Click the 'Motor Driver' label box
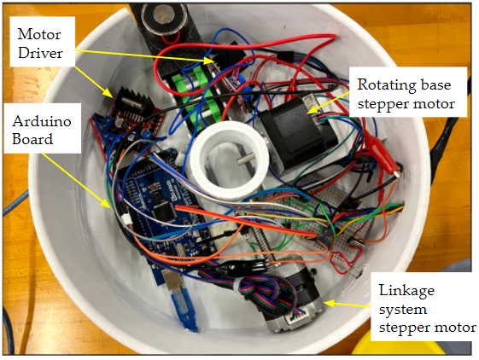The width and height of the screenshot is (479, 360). tap(43, 42)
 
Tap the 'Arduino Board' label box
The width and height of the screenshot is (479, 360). tap(42, 128)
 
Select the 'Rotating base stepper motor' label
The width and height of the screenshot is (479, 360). tap(408, 92)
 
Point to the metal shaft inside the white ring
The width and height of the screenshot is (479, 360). tap(243, 160)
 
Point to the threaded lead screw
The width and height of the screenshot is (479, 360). tap(262, 245)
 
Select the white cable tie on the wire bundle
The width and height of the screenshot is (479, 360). tap(237, 285)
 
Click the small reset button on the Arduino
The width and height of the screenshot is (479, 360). tap(155, 186)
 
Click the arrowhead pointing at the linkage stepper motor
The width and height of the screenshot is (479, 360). tap(330, 303)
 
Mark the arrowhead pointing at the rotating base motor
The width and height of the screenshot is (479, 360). tap(311, 109)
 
